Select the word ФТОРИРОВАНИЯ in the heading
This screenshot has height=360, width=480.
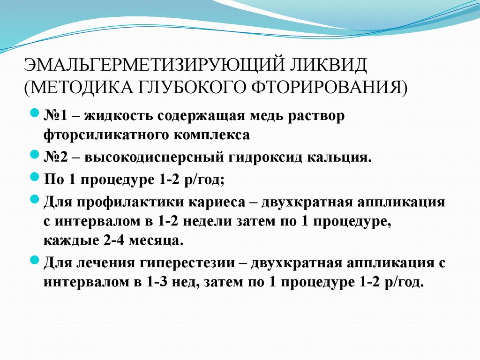coord(329,87)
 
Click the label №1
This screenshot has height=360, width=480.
coord(57,116)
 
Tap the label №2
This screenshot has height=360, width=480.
coord(57,157)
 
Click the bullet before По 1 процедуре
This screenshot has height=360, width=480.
coord(35,177)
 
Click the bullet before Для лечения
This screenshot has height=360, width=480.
coord(35,261)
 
